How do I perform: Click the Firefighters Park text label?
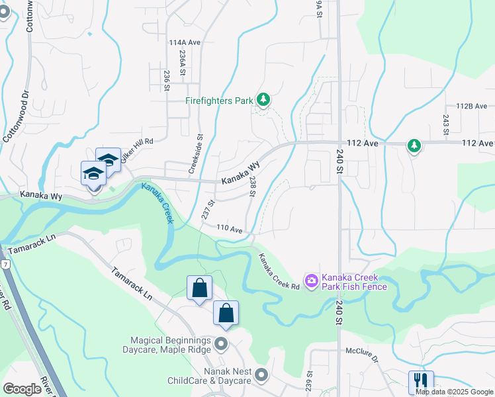(219, 101)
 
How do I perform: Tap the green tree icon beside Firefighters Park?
(263, 100)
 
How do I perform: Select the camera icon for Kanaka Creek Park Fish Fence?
(311, 281)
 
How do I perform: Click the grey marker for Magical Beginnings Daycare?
(222, 344)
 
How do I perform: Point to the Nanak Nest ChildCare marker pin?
(262, 375)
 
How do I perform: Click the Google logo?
(22, 389)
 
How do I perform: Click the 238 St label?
(252, 187)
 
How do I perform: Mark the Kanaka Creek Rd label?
(279, 272)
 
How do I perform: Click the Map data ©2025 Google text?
(453, 392)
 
